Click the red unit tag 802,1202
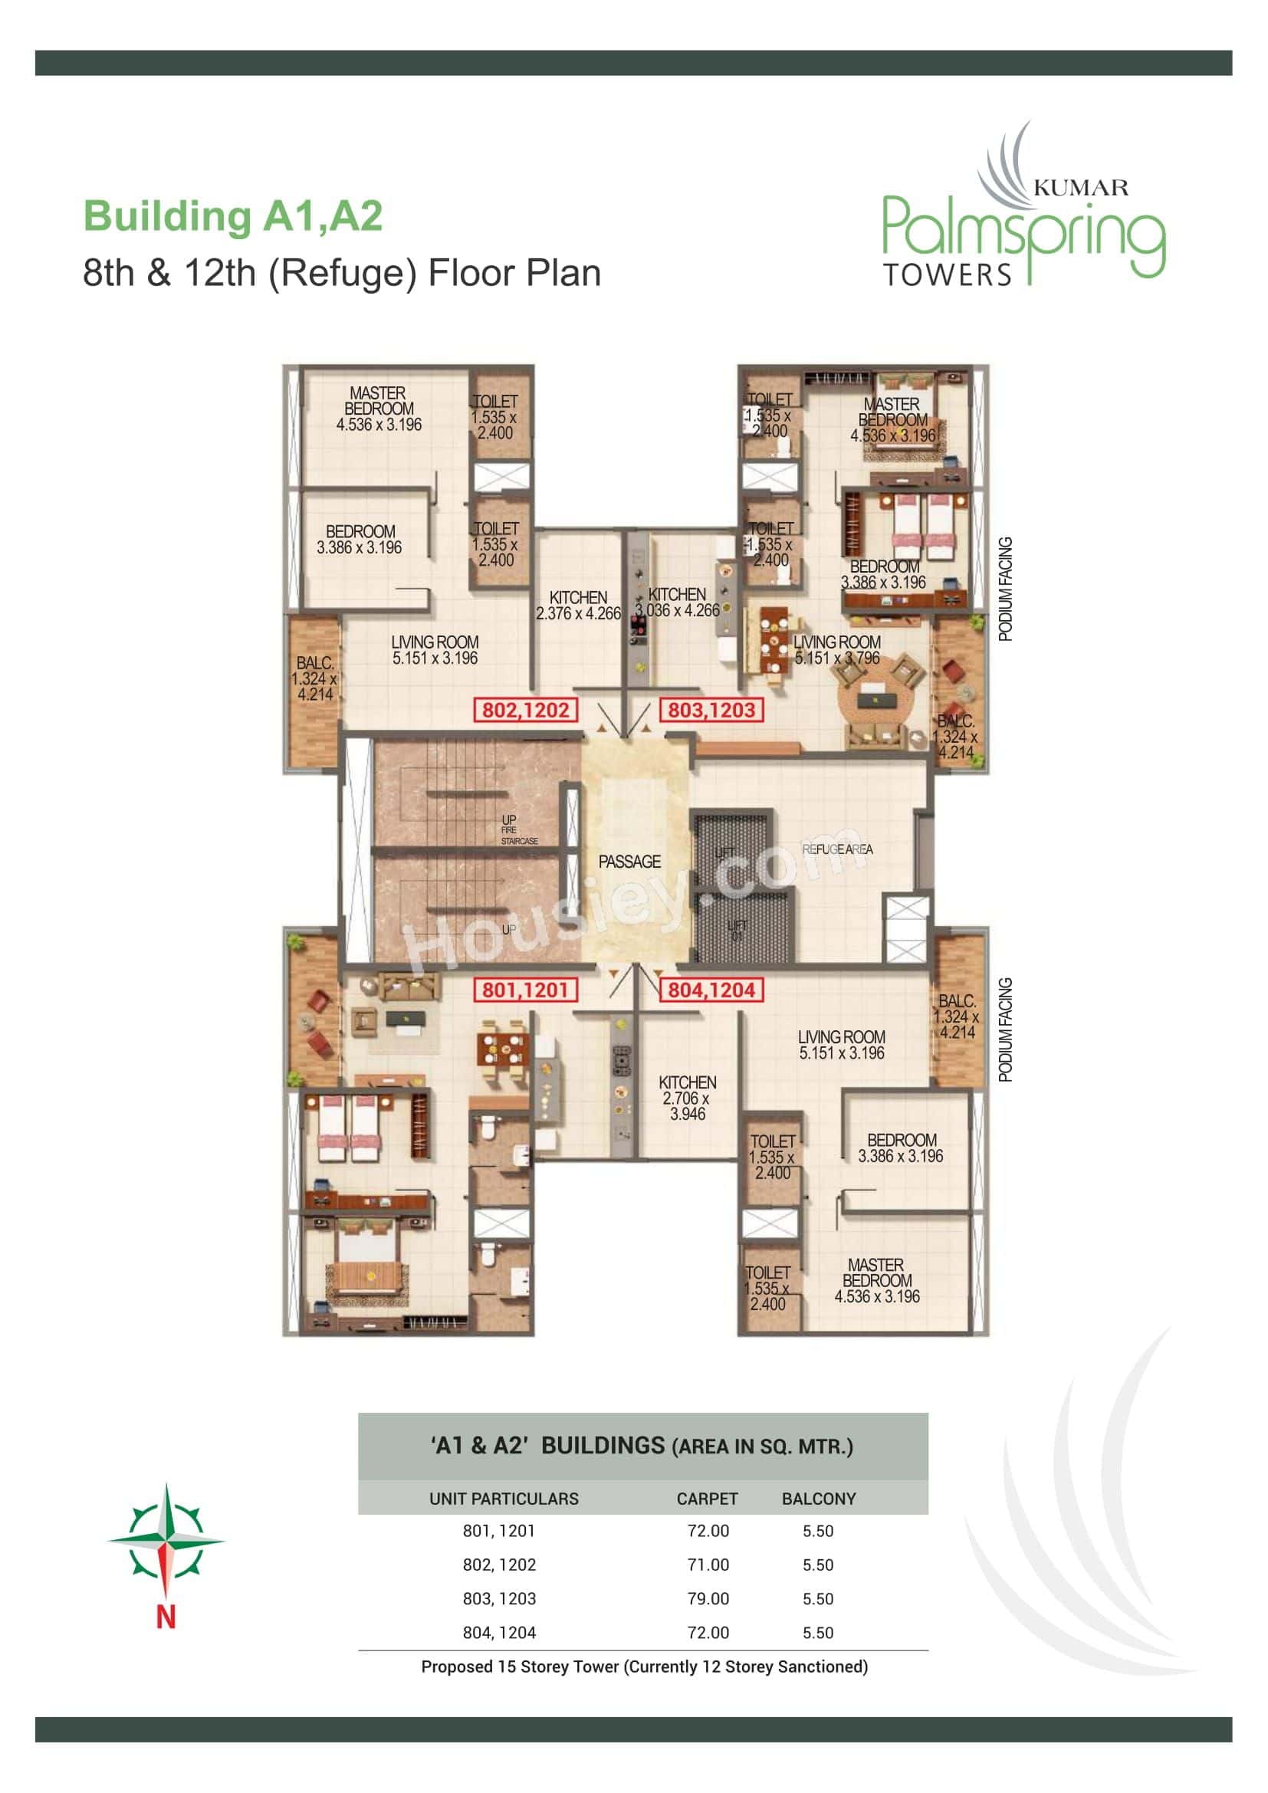point(525,710)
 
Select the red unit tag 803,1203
point(711,710)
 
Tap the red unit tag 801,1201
point(524,990)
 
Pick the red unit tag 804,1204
point(711,990)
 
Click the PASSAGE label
point(629,862)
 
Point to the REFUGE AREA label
point(837,849)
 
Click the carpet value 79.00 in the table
point(708,1598)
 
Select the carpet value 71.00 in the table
point(708,1565)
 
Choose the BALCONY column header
point(819,1499)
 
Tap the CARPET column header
point(708,1499)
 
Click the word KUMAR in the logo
point(1081,187)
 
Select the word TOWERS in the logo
point(947,275)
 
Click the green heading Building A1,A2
point(234,216)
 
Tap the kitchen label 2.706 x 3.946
point(687,1098)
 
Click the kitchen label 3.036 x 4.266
point(677,603)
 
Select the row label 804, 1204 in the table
point(499,1632)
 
